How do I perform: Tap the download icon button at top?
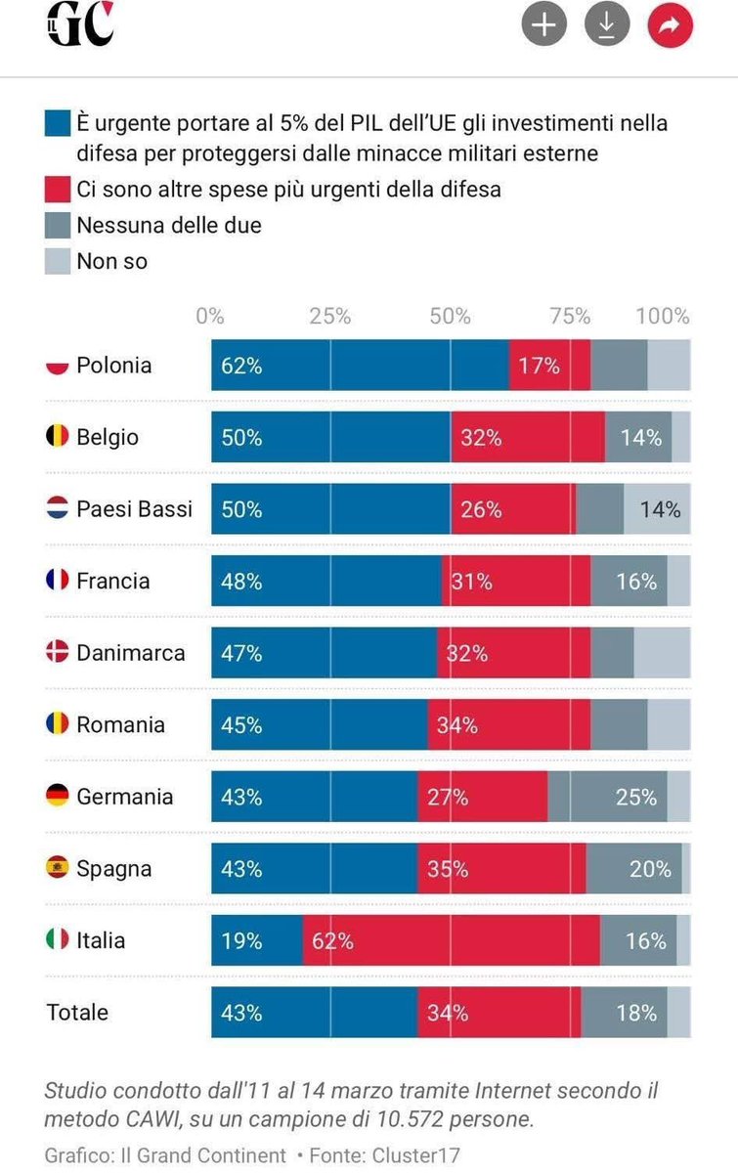tap(607, 26)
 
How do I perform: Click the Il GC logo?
tap(80, 25)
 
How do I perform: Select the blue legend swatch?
tap(58, 124)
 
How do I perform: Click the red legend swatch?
tap(58, 190)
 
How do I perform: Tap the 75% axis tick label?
tap(570, 317)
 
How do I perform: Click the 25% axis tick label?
tap(330, 317)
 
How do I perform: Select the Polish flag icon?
tap(58, 366)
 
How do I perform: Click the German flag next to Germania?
tap(58, 797)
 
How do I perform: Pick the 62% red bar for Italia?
tap(451, 940)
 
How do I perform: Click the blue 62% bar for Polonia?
tap(360, 366)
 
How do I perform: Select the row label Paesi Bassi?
tap(134, 509)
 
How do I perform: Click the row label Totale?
tap(77, 1013)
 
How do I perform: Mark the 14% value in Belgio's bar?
tap(641, 438)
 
